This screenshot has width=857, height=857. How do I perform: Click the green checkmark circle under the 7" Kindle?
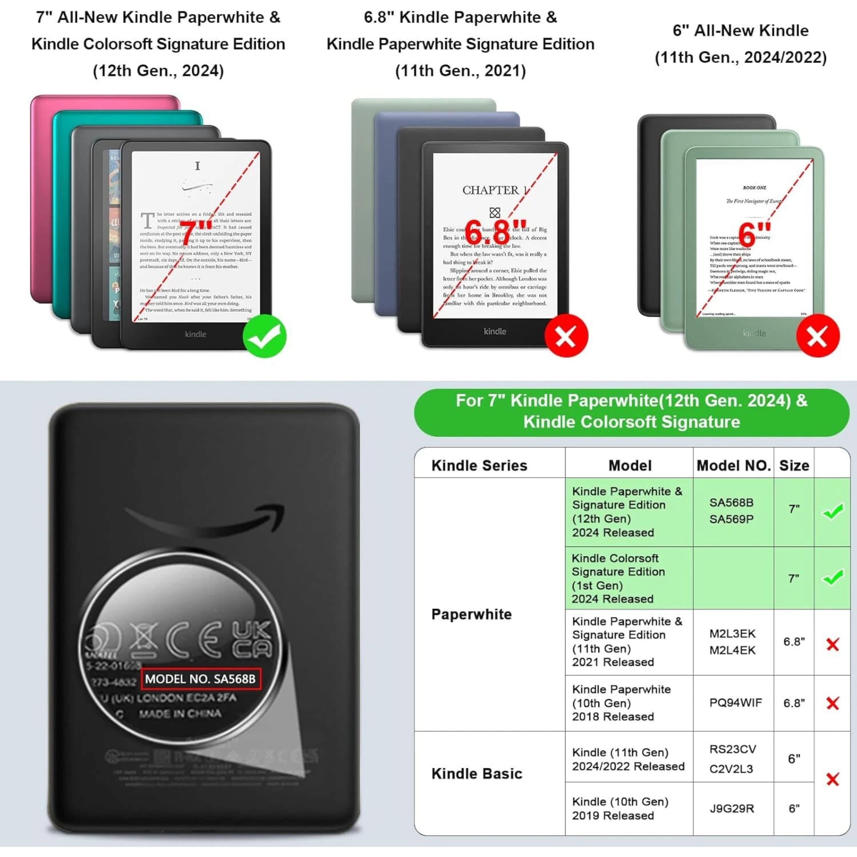point(264,336)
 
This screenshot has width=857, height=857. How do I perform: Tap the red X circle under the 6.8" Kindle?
point(566,336)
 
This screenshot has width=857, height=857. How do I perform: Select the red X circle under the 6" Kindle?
point(818,336)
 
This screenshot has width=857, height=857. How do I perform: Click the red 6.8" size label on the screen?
point(495,232)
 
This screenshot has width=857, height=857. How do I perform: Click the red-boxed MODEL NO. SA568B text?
point(201,679)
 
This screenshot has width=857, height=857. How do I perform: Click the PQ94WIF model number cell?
point(735,703)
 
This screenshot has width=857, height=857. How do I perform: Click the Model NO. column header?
point(733,465)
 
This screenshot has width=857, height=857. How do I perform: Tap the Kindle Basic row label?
point(477,774)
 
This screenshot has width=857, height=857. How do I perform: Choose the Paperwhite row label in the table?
point(472,614)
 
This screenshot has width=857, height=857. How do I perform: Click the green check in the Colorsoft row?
point(833,578)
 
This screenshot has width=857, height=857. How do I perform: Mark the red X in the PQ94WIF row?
point(833,703)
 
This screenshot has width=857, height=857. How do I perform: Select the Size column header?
point(794,465)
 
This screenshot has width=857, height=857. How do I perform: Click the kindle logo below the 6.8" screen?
point(494,331)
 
